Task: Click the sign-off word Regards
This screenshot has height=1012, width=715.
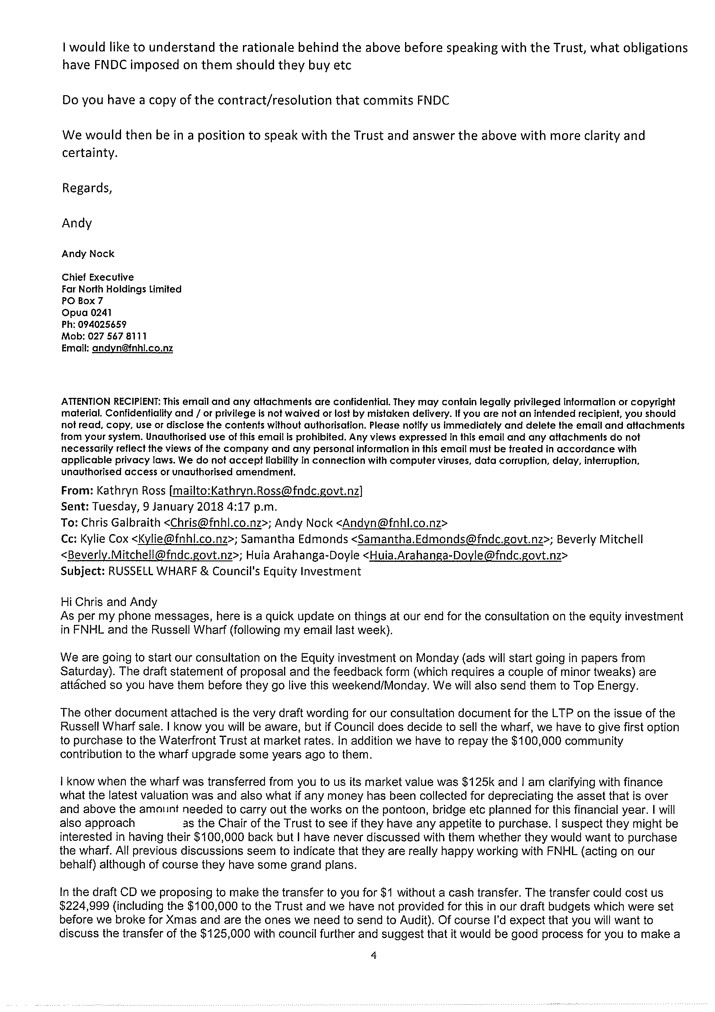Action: click(86, 188)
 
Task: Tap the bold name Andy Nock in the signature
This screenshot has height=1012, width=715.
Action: click(88, 254)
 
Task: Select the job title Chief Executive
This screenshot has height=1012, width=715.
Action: click(97, 277)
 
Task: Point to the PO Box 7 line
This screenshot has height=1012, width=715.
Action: click(78, 301)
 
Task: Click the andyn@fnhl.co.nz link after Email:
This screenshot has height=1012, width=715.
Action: click(132, 348)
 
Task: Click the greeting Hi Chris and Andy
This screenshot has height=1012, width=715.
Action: click(109, 602)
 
